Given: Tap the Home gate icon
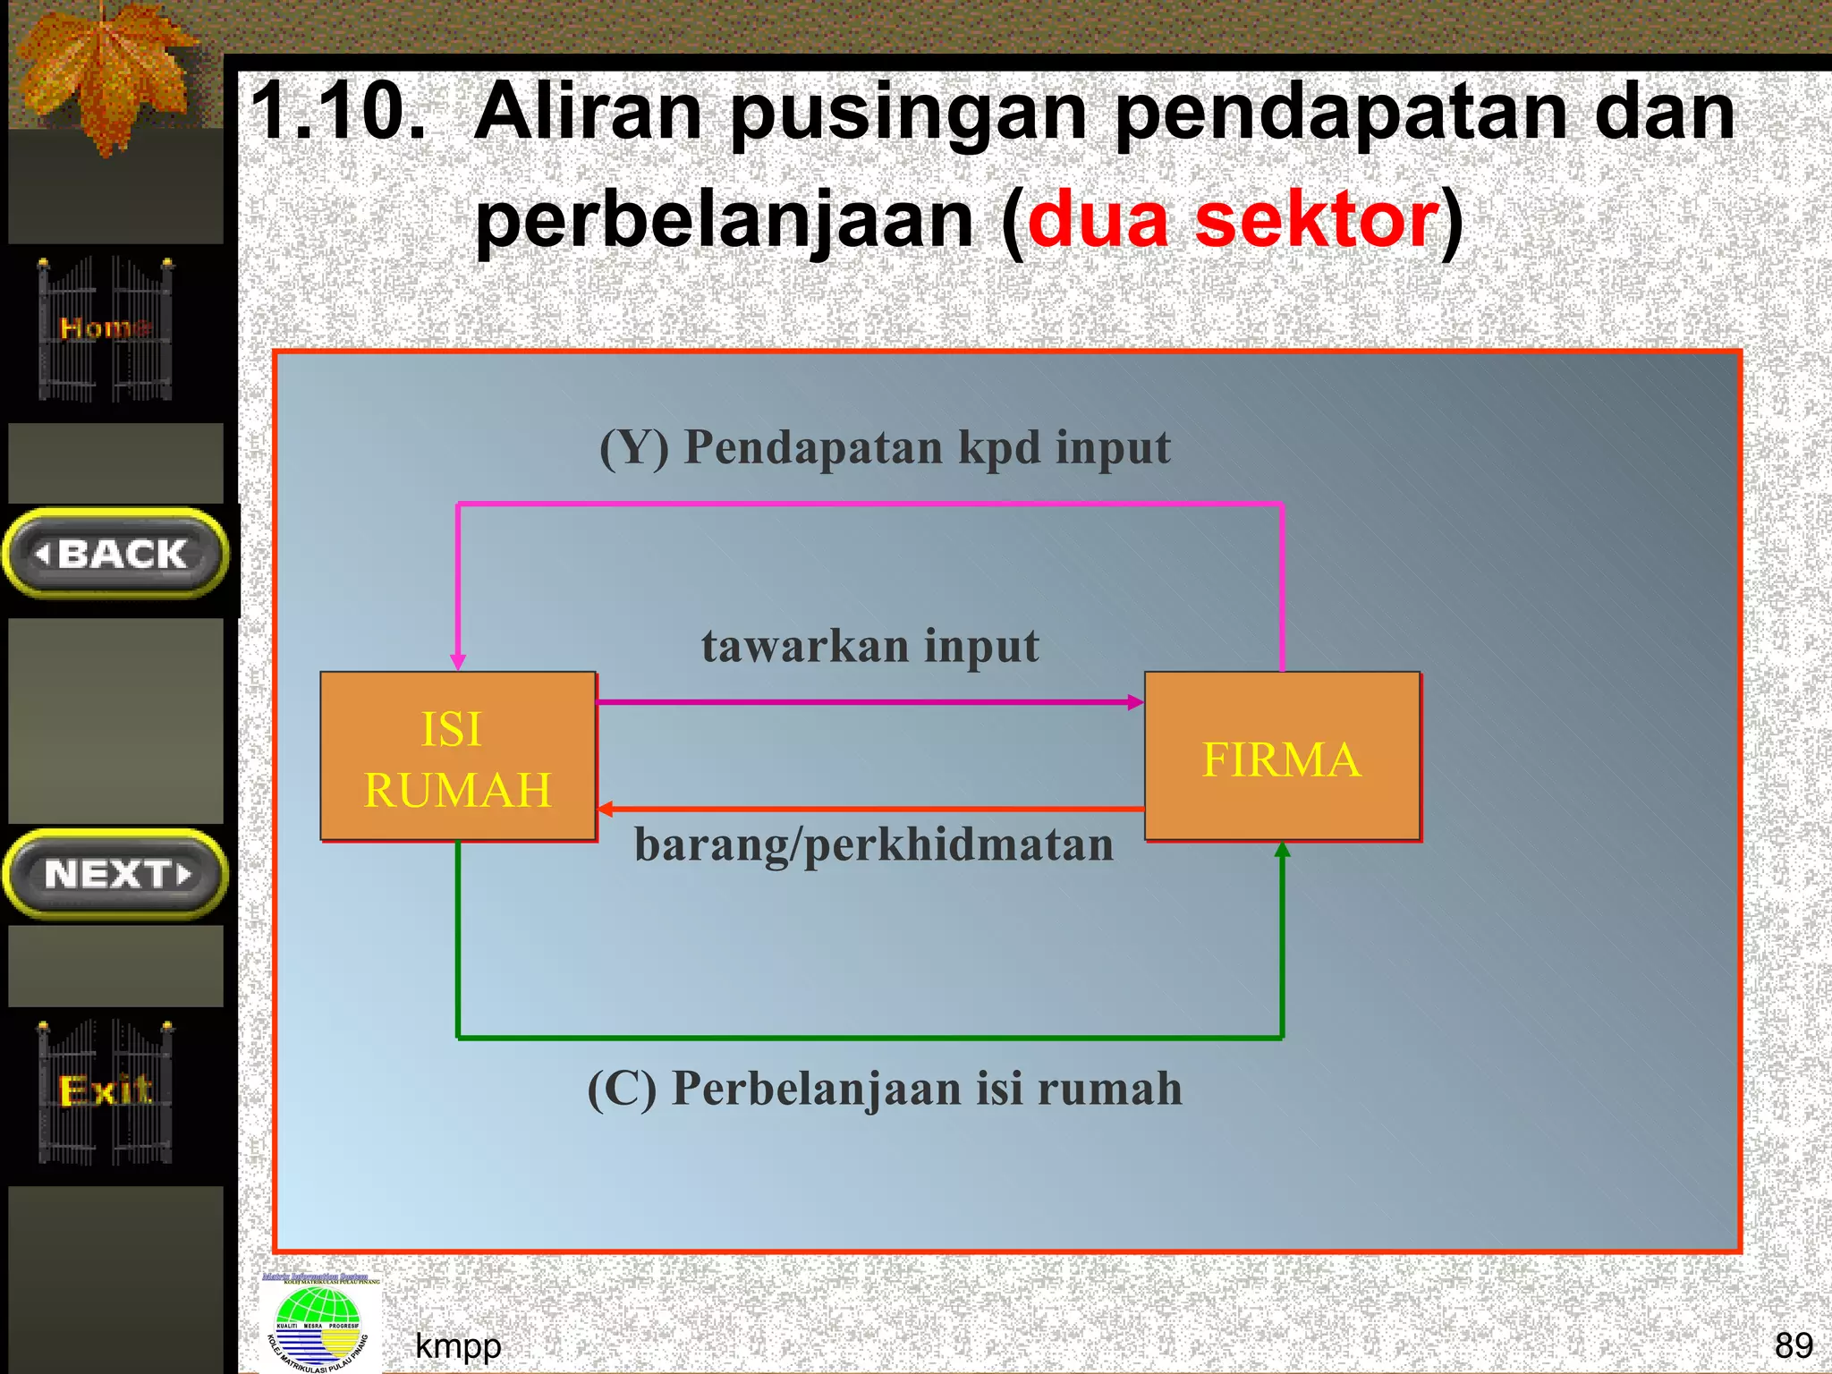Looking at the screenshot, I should click(106, 329).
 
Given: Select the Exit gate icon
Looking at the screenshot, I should click(106, 1091).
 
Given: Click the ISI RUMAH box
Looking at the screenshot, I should click(458, 757).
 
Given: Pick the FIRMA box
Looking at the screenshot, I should click(1282, 757).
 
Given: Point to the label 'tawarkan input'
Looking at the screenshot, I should click(869, 646).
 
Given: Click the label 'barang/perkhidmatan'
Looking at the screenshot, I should click(873, 844).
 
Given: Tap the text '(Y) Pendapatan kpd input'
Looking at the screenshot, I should click(884, 447).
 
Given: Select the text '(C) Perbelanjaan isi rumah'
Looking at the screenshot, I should click(884, 1089).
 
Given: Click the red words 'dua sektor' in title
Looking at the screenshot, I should click(1233, 220).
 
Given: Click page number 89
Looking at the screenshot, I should click(1793, 1345).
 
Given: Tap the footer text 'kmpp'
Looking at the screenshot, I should click(458, 1345).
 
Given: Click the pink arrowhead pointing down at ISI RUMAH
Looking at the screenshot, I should click(458, 661).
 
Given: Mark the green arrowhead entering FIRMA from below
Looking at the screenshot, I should click(1282, 850).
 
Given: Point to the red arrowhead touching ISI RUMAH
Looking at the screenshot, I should click(606, 809).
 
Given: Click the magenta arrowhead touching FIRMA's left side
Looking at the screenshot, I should click(1135, 702).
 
